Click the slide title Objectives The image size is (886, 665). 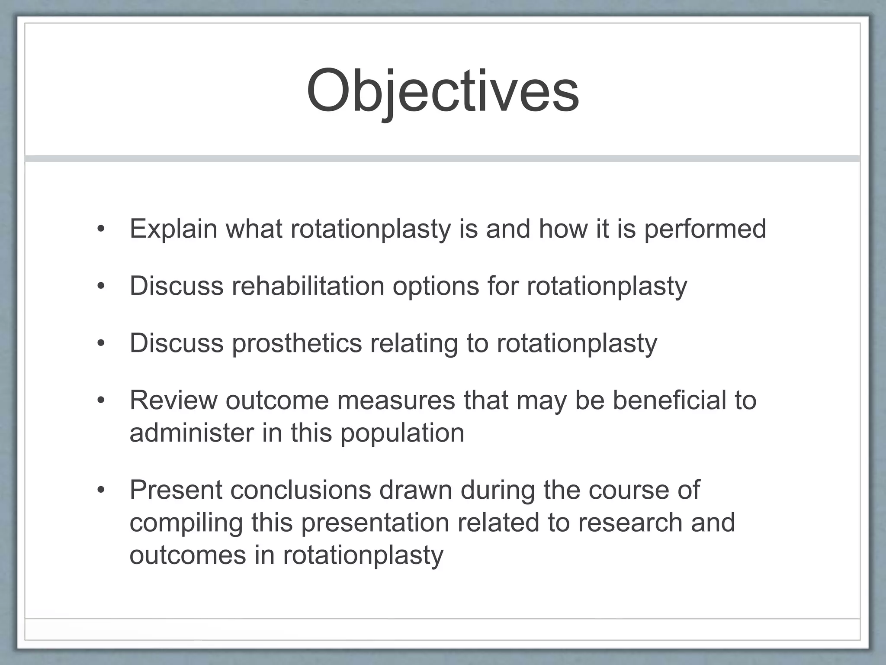click(x=443, y=91)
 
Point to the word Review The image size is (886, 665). click(x=173, y=400)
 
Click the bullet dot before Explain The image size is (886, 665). click(x=101, y=229)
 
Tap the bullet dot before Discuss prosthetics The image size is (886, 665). click(x=101, y=343)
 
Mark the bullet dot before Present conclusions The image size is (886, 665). click(x=101, y=490)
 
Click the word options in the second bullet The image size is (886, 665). click(x=431, y=287)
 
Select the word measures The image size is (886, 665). click(x=396, y=400)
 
